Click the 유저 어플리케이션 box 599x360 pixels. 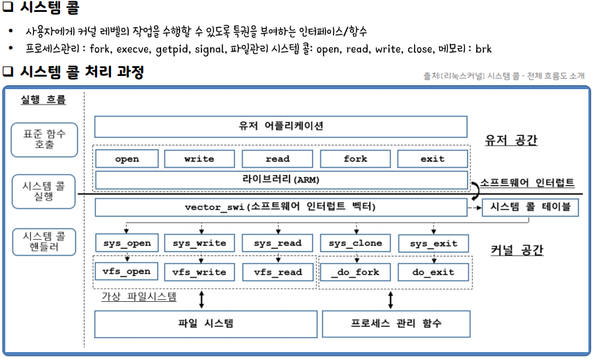[x=281, y=126]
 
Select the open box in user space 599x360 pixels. [x=127, y=159]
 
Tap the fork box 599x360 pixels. [x=355, y=159]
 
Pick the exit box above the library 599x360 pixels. [x=433, y=159]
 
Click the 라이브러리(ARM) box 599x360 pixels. [x=281, y=180]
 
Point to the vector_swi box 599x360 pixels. [x=281, y=207]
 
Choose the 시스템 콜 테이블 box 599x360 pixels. [x=530, y=207]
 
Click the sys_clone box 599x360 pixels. [x=355, y=243]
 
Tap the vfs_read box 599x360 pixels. [x=277, y=271]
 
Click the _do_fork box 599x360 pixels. [x=355, y=271]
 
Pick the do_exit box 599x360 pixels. [x=433, y=271]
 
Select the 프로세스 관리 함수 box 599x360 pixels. [x=396, y=324]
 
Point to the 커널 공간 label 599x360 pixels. [x=516, y=250]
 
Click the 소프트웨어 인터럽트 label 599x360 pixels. [x=527, y=183]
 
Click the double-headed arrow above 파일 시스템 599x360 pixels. [x=201, y=300]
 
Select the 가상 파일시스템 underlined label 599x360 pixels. [x=138, y=297]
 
